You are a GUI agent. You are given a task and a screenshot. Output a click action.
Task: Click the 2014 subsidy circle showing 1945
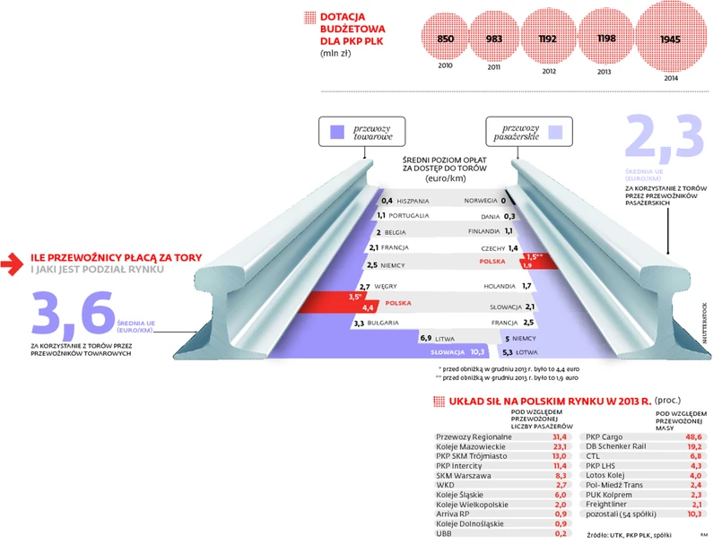point(669,40)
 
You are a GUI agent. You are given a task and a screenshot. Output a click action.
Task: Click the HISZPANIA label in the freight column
point(413,201)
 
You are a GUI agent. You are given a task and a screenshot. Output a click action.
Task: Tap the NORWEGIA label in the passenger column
point(481,201)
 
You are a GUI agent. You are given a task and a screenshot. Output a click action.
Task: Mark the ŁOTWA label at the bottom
point(526,352)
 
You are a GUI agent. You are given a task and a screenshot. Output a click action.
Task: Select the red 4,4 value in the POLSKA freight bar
point(368,307)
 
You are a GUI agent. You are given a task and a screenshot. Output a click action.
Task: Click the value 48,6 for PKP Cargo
point(694,436)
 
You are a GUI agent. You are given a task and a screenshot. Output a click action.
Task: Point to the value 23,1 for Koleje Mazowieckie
point(561,446)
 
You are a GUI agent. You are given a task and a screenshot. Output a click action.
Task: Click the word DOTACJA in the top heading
point(342,16)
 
